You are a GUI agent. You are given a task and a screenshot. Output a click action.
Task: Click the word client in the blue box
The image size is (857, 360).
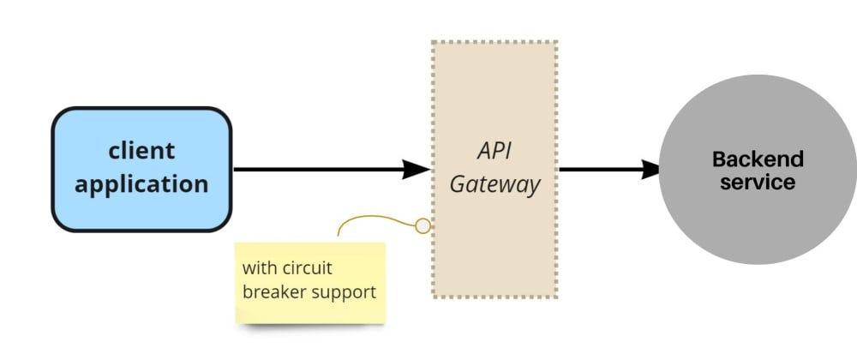pyautogui.click(x=141, y=151)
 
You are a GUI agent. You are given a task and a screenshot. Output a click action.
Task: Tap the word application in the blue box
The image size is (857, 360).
pyautogui.click(x=141, y=183)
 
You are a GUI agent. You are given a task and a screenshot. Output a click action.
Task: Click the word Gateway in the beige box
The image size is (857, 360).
pyautogui.click(x=495, y=184)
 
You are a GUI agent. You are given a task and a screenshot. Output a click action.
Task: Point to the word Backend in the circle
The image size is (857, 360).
pyautogui.click(x=758, y=159)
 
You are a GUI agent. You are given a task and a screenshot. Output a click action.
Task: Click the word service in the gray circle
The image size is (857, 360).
pyautogui.click(x=758, y=183)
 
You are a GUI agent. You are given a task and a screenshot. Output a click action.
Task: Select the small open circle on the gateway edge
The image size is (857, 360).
pyautogui.click(x=423, y=226)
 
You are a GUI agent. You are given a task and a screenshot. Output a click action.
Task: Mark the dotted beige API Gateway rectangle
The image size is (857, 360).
pyautogui.click(x=495, y=257)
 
